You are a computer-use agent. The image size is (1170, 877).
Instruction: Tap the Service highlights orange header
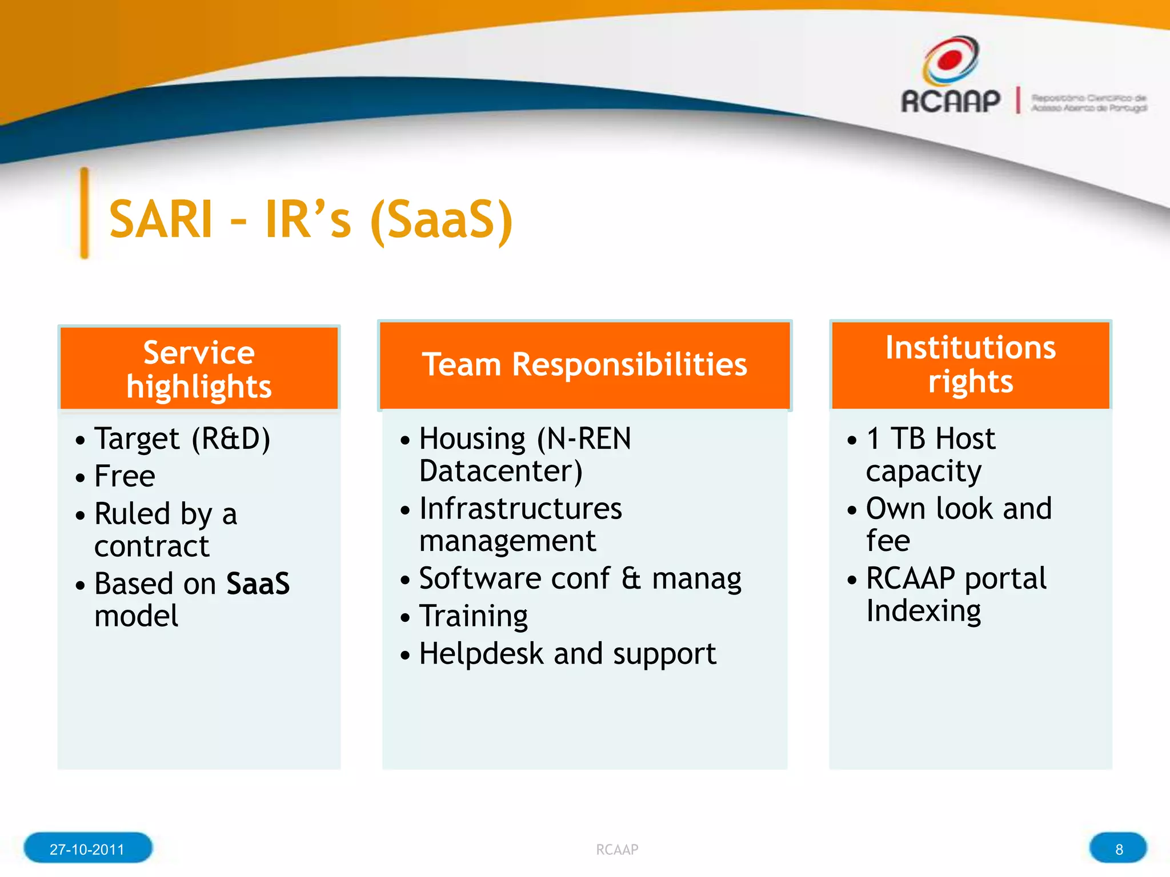tap(199, 368)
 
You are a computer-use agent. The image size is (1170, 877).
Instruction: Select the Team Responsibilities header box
tap(584, 365)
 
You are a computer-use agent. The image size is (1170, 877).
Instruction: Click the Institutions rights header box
tap(970, 364)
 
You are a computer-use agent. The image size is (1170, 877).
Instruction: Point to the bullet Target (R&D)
tap(182, 440)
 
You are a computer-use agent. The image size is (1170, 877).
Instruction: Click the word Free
tap(125, 476)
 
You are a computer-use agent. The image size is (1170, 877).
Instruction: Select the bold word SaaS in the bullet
tap(258, 584)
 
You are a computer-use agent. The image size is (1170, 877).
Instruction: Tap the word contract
tap(151, 546)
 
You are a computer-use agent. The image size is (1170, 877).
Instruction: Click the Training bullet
tap(473, 616)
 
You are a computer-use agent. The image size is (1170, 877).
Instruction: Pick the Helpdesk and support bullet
tap(567, 654)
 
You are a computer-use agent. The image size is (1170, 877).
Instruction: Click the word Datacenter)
tap(500, 472)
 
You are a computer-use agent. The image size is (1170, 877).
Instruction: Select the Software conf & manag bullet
tap(580, 578)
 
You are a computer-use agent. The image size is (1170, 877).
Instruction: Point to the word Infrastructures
tap(520, 509)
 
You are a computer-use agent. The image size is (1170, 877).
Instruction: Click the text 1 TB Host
tap(931, 439)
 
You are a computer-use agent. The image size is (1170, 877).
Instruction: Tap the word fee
tap(888, 541)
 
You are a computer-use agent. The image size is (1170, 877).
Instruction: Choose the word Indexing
tap(923, 611)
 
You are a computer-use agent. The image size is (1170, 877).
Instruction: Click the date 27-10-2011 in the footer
tap(87, 849)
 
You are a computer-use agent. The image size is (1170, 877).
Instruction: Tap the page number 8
tap(1119, 849)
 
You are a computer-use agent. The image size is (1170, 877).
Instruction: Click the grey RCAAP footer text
tap(616, 850)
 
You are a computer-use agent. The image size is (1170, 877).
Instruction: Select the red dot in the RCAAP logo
tap(950, 59)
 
